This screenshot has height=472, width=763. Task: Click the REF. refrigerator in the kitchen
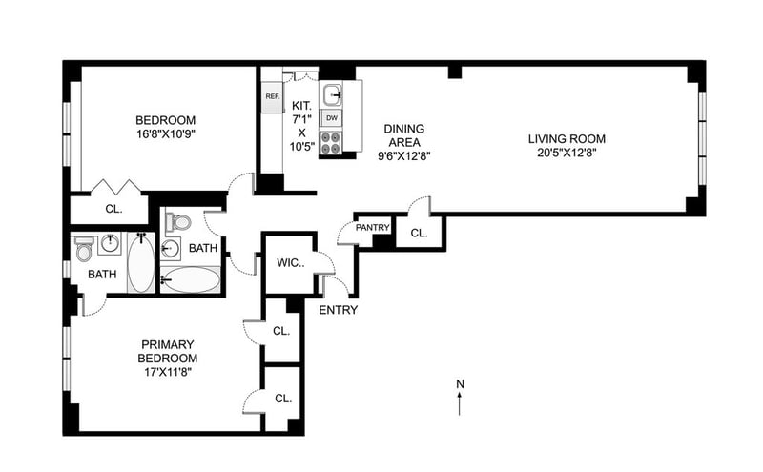(273, 96)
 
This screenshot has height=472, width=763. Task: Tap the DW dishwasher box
(332, 118)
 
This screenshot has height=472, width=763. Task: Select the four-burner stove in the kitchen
(331, 143)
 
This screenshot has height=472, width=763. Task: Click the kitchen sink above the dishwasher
(333, 94)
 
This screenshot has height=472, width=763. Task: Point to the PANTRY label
(373, 228)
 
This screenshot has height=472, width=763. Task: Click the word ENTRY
(339, 310)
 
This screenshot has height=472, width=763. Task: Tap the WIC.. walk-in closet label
(291, 263)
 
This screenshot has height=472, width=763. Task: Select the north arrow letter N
(460, 384)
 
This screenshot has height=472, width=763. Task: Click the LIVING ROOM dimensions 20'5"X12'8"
(567, 153)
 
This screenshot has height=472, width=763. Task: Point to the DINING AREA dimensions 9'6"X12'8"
(404, 156)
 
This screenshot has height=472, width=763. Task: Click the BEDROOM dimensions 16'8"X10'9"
(165, 134)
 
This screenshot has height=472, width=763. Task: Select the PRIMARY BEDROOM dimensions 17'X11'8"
(168, 372)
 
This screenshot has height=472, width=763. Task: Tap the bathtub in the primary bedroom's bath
(141, 263)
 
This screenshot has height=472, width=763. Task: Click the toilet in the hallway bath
(177, 222)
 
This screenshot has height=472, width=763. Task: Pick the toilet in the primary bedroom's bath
(84, 248)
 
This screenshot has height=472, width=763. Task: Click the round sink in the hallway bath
(171, 249)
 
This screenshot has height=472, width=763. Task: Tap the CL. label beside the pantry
(419, 233)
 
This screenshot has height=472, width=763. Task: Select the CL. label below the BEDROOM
(113, 209)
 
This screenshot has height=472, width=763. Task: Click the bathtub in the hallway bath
(191, 279)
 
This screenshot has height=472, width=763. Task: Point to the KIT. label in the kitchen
(301, 105)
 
